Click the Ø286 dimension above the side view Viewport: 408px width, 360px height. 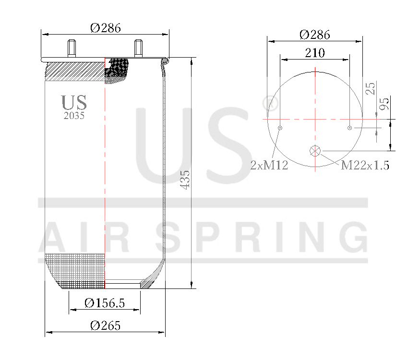point(105,28)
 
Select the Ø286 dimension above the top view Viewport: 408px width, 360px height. point(314,35)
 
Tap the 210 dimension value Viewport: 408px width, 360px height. point(315,53)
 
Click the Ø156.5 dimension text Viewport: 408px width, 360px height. point(104,303)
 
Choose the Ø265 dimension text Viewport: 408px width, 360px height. point(105,325)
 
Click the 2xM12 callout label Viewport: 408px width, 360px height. point(269,166)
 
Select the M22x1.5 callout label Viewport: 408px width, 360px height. point(365,166)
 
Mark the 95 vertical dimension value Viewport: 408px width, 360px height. point(384,104)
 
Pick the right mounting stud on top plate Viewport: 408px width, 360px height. point(138,48)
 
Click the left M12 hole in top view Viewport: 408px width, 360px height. point(280,128)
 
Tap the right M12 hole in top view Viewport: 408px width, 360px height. point(350,128)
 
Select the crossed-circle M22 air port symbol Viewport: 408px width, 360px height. point(315,151)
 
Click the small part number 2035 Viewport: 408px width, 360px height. point(74,116)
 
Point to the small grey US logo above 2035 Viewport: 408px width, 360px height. point(74,103)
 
